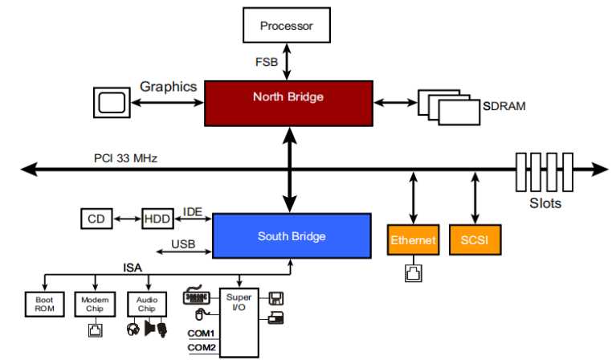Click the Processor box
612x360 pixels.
(287, 25)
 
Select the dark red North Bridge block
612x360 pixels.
(288, 104)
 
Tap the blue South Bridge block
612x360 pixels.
(292, 235)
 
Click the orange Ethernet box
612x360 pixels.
(413, 239)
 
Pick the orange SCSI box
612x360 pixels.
(475, 239)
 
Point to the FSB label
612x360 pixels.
(267, 62)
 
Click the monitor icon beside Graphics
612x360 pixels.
(112, 103)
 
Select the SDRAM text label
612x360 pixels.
(504, 106)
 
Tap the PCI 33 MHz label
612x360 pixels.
(125, 158)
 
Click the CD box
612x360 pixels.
(96, 219)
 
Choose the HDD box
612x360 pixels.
(157, 219)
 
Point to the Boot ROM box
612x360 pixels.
(44, 305)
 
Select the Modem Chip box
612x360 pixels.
(95, 305)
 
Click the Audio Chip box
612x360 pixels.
(147, 305)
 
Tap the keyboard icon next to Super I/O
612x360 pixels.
(197, 296)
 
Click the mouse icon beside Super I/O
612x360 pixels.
(201, 314)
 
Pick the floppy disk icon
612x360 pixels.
(276, 298)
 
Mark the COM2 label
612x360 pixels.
(202, 347)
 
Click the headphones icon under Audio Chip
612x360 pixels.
(133, 329)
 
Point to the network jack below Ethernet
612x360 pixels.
(414, 273)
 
